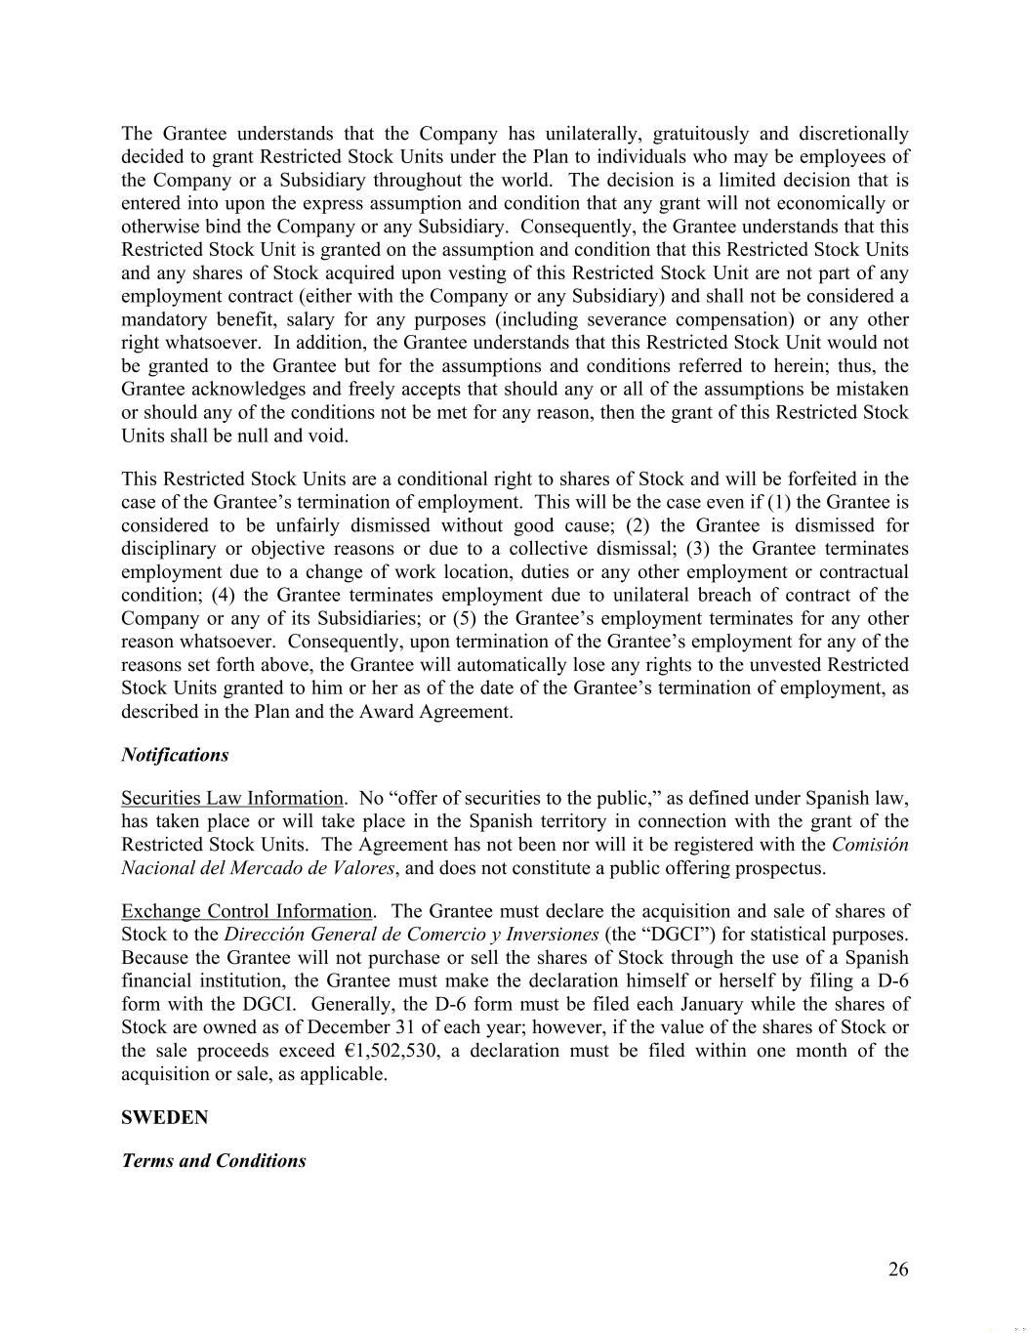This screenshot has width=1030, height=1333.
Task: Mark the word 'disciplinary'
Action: pos(167,549)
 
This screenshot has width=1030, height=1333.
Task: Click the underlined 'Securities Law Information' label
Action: pos(232,798)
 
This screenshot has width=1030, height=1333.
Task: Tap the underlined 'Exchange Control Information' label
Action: pos(247,911)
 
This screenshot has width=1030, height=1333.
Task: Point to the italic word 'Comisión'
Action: pos(870,845)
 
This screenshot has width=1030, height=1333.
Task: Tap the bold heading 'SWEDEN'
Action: pos(164,1117)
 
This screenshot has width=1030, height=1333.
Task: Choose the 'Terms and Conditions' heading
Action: pos(214,1161)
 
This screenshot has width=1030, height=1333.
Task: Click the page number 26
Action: pos(898,1270)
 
